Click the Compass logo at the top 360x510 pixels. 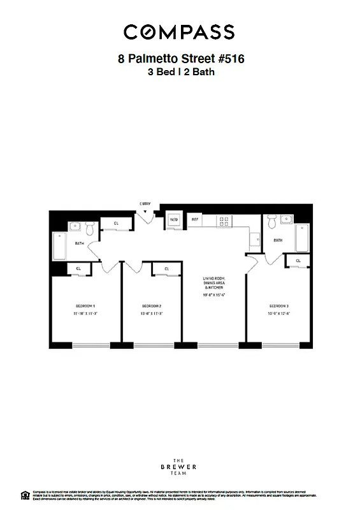[179, 31]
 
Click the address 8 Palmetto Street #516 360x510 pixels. [181, 59]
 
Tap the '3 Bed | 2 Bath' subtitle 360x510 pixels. [181, 72]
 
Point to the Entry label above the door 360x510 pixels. [145, 204]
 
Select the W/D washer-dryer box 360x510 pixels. [174, 220]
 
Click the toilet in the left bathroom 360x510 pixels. [90, 227]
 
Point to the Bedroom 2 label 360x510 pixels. [152, 306]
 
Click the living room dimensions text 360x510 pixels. [215, 295]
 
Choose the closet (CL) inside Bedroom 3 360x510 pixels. [298, 260]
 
